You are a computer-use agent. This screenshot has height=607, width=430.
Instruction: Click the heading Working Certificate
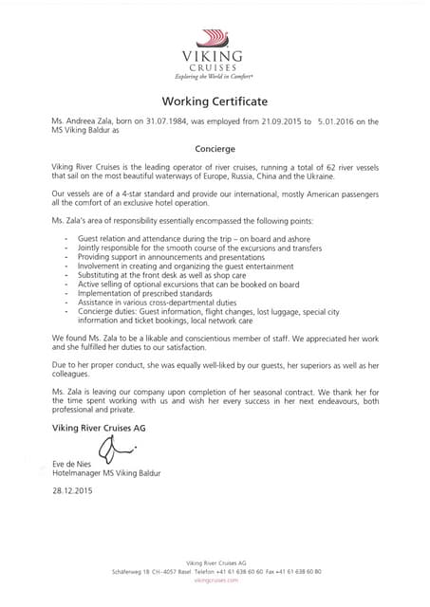click(x=215, y=101)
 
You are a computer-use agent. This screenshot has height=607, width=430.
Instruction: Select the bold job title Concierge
click(x=215, y=149)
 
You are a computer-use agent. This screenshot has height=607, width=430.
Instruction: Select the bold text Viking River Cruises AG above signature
click(x=102, y=428)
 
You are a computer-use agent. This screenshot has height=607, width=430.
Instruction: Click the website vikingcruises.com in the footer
click(x=215, y=580)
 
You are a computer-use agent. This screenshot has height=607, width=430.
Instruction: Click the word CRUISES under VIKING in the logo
click(x=215, y=68)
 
